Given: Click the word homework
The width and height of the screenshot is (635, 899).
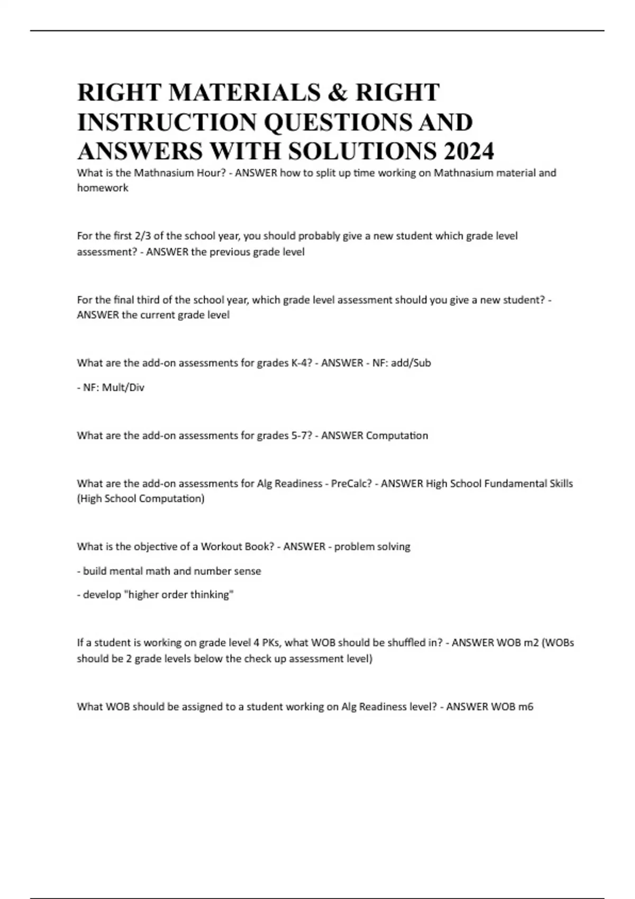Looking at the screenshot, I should point(103,188).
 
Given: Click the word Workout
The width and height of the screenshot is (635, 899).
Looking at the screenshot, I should point(221,546).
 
